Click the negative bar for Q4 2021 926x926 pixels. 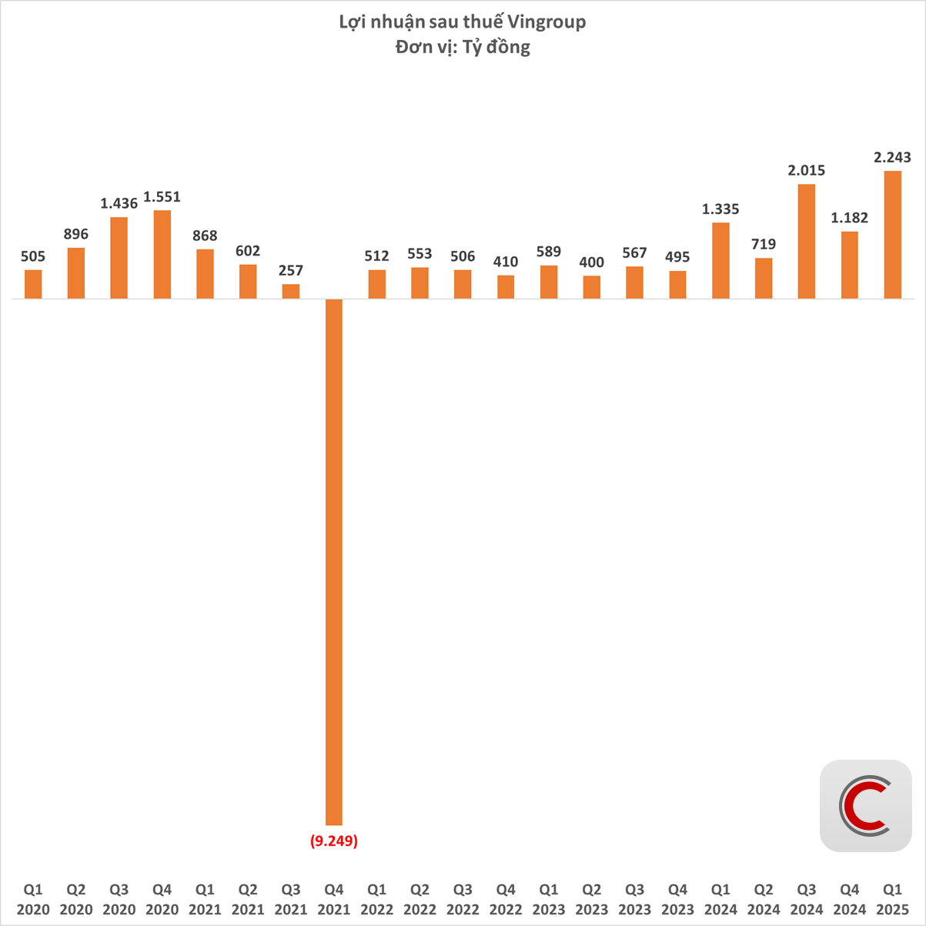333,562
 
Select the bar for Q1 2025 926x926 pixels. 892,235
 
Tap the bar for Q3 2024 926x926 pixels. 806,242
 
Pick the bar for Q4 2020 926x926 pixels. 162,255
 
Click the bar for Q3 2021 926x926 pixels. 290,292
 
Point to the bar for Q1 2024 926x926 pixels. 720,261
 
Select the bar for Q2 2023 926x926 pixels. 591,287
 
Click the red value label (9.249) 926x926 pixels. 333,841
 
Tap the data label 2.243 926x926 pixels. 892,158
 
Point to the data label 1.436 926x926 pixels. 119,204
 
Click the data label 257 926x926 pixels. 290,271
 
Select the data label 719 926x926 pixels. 763,245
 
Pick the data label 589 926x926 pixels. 548,252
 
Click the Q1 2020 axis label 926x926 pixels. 33,899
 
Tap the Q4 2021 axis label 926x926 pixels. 333,899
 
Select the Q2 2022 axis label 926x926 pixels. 420,899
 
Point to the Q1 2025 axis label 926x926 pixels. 892,899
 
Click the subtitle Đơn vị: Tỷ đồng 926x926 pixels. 463,48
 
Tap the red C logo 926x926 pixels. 865,806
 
